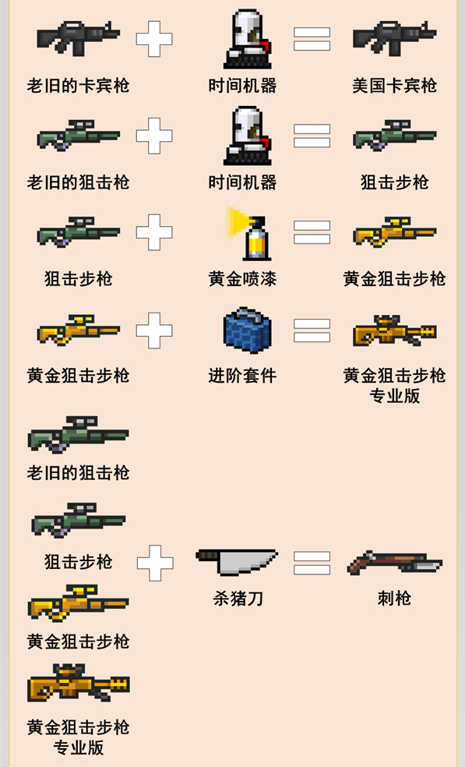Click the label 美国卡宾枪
click(x=394, y=86)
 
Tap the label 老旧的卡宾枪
click(x=78, y=86)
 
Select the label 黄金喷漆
click(x=242, y=279)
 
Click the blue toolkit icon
click(x=247, y=330)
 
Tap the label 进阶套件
click(x=242, y=376)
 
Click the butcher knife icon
click(x=237, y=561)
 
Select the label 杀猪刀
click(x=238, y=598)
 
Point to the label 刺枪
click(x=394, y=598)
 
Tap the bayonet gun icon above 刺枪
click(x=394, y=562)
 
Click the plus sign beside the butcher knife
click(x=155, y=563)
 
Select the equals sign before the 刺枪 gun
click(x=312, y=563)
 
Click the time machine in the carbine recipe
click(x=248, y=39)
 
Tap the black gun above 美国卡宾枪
click(x=394, y=37)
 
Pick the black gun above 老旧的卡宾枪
click(x=78, y=37)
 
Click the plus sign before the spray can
click(x=154, y=232)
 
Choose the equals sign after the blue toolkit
click(x=312, y=330)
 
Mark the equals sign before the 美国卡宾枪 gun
click(x=312, y=39)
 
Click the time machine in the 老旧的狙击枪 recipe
click(x=248, y=136)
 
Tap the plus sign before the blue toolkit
click(x=154, y=330)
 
